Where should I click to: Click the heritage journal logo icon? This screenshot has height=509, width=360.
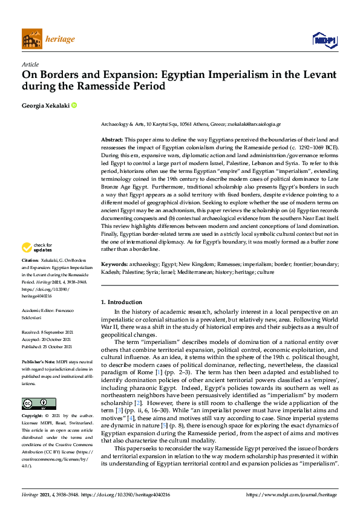[31, 39]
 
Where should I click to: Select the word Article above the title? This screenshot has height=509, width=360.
[30, 64]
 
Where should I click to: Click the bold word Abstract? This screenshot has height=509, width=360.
[113, 140]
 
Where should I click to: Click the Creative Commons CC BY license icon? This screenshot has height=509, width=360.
[34, 403]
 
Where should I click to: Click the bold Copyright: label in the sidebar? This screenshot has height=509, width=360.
[33, 417]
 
